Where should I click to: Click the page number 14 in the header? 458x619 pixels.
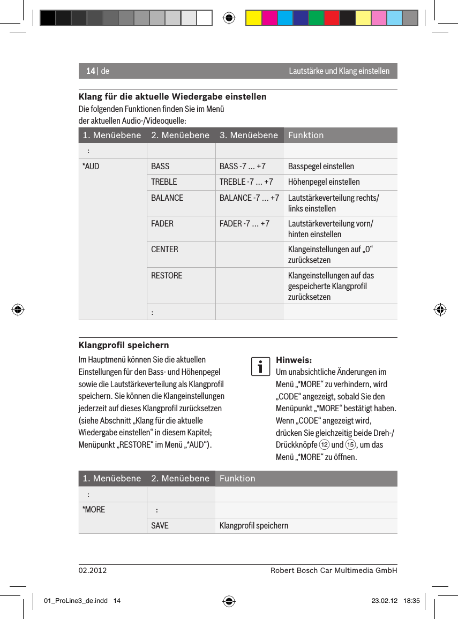click(x=90, y=71)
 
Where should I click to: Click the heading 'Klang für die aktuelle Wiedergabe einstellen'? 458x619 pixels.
click(x=172, y=97)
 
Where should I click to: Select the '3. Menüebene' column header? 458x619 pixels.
click(x=249, y=135)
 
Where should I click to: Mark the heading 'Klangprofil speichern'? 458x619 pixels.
click(x=124, y=345)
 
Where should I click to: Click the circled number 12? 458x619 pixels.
click(x=324, y=446)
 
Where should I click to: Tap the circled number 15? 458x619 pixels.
click(x=350, y=446)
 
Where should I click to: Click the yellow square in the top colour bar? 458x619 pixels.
click(x=253, y=18)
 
